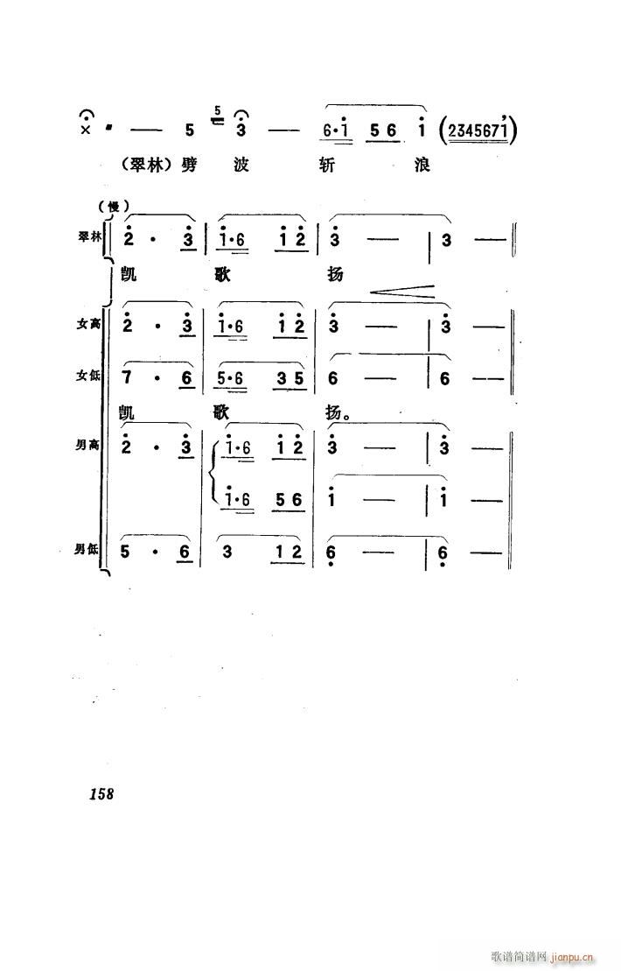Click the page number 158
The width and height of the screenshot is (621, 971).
[x=101, y=793]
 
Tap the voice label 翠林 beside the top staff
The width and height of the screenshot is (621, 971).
[x=88, y=237]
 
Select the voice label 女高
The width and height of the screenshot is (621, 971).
[x=88, y=323]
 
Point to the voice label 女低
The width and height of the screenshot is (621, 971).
[x=88, y=376]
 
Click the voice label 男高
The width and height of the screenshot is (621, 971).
[x=87, y=445]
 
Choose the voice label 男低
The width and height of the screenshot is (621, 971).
[x=87, y=549]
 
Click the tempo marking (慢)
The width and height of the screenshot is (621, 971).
[x=113, y=207]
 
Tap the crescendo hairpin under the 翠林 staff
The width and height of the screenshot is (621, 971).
[x=402, y=291]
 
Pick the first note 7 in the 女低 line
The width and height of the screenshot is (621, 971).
[x=127, y=377]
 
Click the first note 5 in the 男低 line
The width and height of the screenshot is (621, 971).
[x=126, y=551]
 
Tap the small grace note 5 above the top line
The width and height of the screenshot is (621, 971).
[x=218, y=111]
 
